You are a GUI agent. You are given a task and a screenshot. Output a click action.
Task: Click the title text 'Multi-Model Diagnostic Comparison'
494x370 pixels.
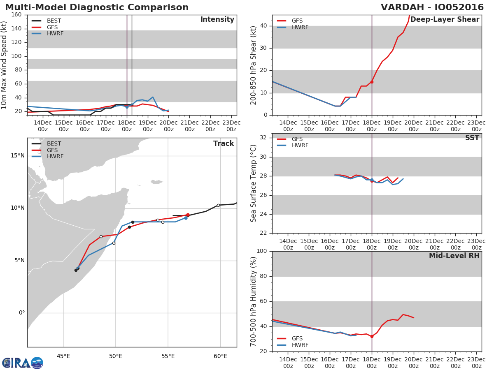point(97,7)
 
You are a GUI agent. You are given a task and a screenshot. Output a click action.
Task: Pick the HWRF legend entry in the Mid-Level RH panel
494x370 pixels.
point(300,345)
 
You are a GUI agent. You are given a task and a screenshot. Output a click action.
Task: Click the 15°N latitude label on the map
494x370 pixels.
point(18,155)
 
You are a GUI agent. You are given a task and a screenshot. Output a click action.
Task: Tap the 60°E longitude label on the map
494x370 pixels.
point(221,356)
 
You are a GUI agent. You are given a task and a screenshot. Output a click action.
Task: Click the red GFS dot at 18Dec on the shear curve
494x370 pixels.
point(372,82)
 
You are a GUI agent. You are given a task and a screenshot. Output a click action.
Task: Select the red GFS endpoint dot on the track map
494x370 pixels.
point(188,215)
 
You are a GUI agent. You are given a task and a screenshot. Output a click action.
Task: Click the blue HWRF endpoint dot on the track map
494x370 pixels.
point(186,218)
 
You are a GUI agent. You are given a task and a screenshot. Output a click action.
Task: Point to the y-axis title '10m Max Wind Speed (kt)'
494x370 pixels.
point(5,65)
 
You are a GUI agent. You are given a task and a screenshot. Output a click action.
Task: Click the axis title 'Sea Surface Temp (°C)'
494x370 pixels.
point(254,183)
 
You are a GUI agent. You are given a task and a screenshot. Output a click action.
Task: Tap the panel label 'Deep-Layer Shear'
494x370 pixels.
point(445,20)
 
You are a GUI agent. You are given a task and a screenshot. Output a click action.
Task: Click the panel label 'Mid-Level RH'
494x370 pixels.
point(454,256)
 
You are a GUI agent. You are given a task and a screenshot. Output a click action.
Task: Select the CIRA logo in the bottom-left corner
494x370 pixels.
point(23,363)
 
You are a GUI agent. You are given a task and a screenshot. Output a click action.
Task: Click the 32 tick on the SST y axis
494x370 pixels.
point(263,138)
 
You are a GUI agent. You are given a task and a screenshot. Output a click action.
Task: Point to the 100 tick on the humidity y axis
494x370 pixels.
point(262,251)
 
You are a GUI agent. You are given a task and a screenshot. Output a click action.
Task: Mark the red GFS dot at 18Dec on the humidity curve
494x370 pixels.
point(372,336)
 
